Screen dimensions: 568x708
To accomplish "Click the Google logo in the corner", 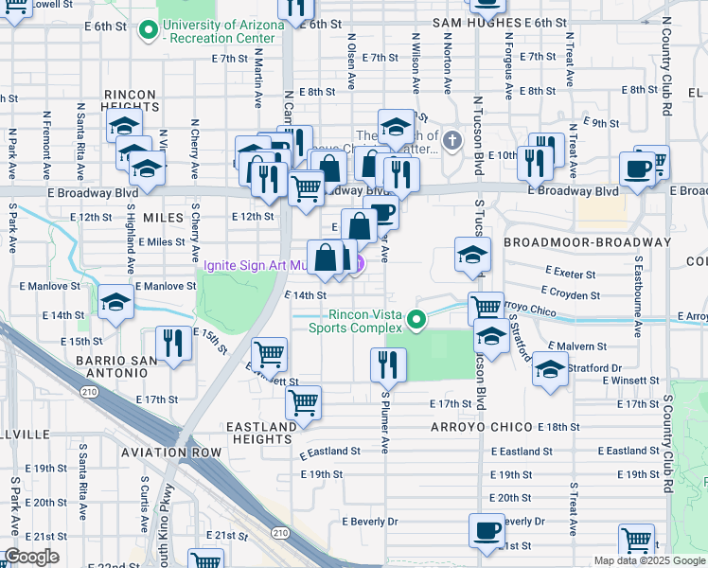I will [31, 557].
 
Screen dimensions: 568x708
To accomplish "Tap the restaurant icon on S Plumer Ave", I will [387, 363].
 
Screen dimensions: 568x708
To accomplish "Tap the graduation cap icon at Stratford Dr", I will [549, 369].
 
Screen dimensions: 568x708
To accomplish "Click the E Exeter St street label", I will [570, 274].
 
